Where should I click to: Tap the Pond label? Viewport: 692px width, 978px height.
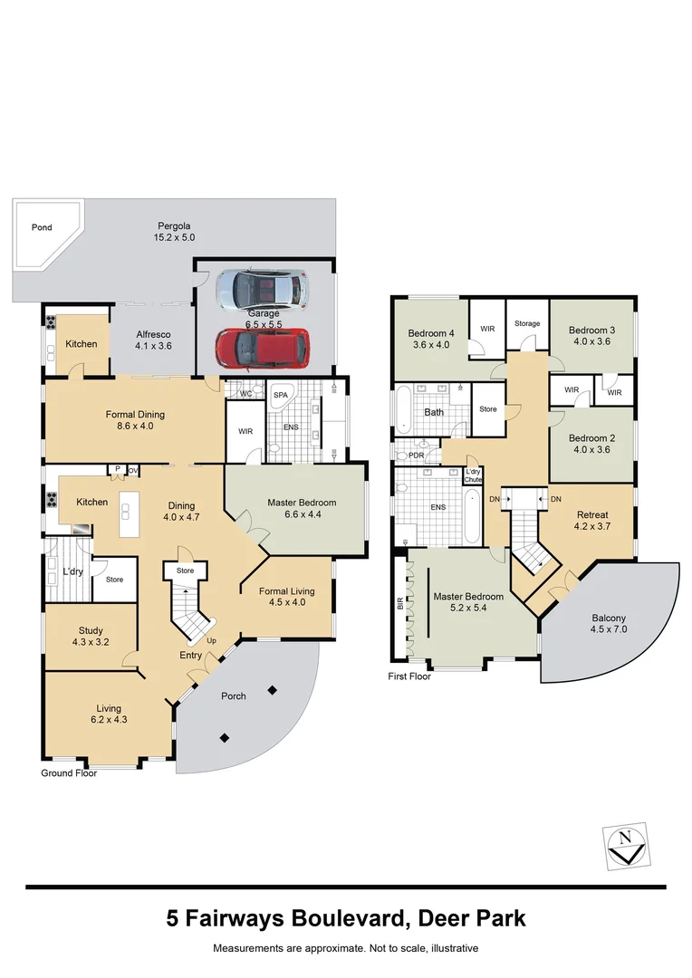(42, 227)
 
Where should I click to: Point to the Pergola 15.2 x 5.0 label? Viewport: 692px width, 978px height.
(174, 232)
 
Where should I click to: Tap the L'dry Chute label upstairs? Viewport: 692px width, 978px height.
(473, 476)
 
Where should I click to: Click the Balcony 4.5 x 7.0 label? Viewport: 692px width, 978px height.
(608, 624)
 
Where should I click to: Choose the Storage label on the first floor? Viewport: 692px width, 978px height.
(527, 323)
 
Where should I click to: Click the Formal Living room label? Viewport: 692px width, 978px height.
(286, 591)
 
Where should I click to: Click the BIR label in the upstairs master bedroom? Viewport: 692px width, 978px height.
(399, 603)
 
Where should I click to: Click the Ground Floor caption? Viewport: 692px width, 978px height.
(69, 773)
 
